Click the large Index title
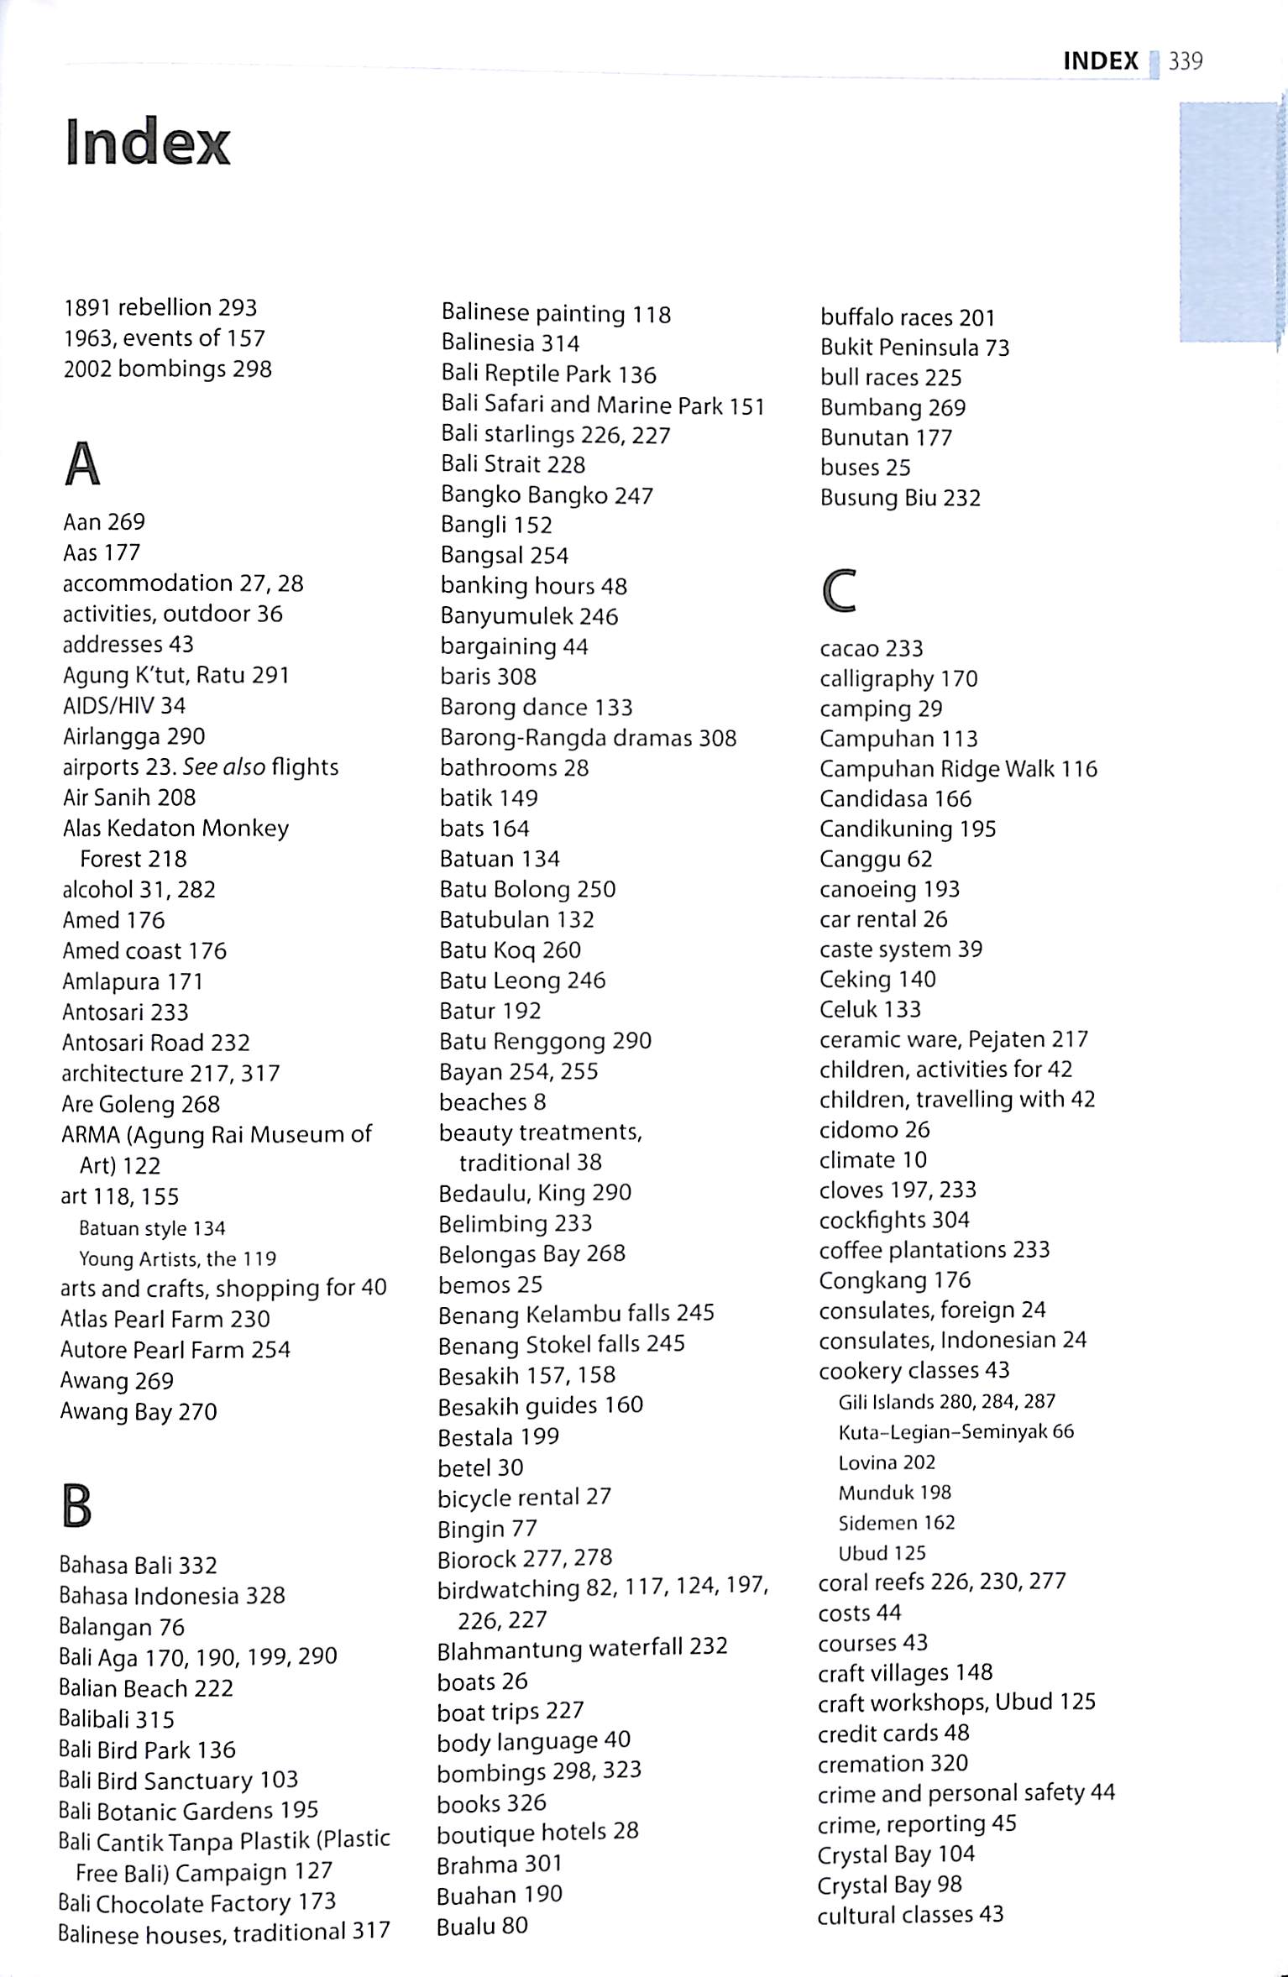148,144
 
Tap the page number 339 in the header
1185,61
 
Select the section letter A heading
81,464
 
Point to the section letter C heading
839,590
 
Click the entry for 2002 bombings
167,369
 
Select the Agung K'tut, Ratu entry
175,675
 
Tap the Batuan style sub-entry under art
152,1228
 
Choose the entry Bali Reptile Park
548,374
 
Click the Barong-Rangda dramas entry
588,738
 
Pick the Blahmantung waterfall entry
582,1647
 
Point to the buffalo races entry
907,318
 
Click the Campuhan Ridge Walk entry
958,769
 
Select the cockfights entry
894,1220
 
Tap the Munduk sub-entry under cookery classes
894,1493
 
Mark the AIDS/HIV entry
124,706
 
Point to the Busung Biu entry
900,499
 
